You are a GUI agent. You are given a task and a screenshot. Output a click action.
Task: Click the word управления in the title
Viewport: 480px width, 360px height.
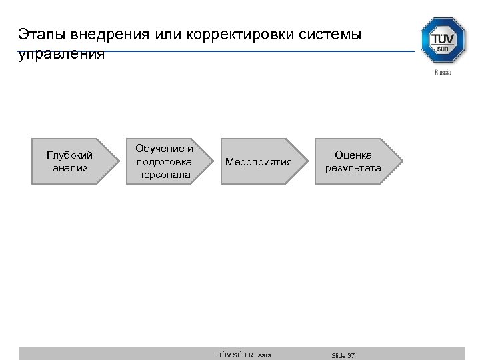coord(61,54)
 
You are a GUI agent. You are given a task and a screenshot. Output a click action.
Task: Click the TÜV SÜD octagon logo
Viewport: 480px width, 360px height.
coord(443,41)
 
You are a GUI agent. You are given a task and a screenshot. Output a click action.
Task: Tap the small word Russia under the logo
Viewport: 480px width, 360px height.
coord(443,72)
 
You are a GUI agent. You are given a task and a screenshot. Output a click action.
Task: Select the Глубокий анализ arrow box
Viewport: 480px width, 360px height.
coord(69,161)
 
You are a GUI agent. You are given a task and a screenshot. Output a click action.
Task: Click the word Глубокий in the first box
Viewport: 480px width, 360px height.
coord(69,155)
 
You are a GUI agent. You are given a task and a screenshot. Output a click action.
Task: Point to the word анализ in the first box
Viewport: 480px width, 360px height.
coord(69,168)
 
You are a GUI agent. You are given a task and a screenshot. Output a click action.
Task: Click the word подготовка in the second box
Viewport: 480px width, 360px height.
coord(164,161)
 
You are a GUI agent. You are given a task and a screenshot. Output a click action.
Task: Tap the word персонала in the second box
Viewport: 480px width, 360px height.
coord(164,175)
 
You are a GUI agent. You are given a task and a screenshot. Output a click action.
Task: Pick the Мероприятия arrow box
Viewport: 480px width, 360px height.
coord(259,161)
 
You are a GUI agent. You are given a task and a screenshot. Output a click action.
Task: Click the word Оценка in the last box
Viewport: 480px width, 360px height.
coord(353,155)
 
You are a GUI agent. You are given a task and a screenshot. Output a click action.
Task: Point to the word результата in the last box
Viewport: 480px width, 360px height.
coord(353,168)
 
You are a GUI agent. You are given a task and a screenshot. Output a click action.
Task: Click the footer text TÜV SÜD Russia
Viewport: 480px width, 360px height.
coord(245,355)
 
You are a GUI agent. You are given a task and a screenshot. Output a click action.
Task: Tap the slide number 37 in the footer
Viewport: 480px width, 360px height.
coord(351,355)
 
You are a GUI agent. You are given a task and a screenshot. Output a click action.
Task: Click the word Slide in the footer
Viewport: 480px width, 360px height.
coord(338,355)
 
